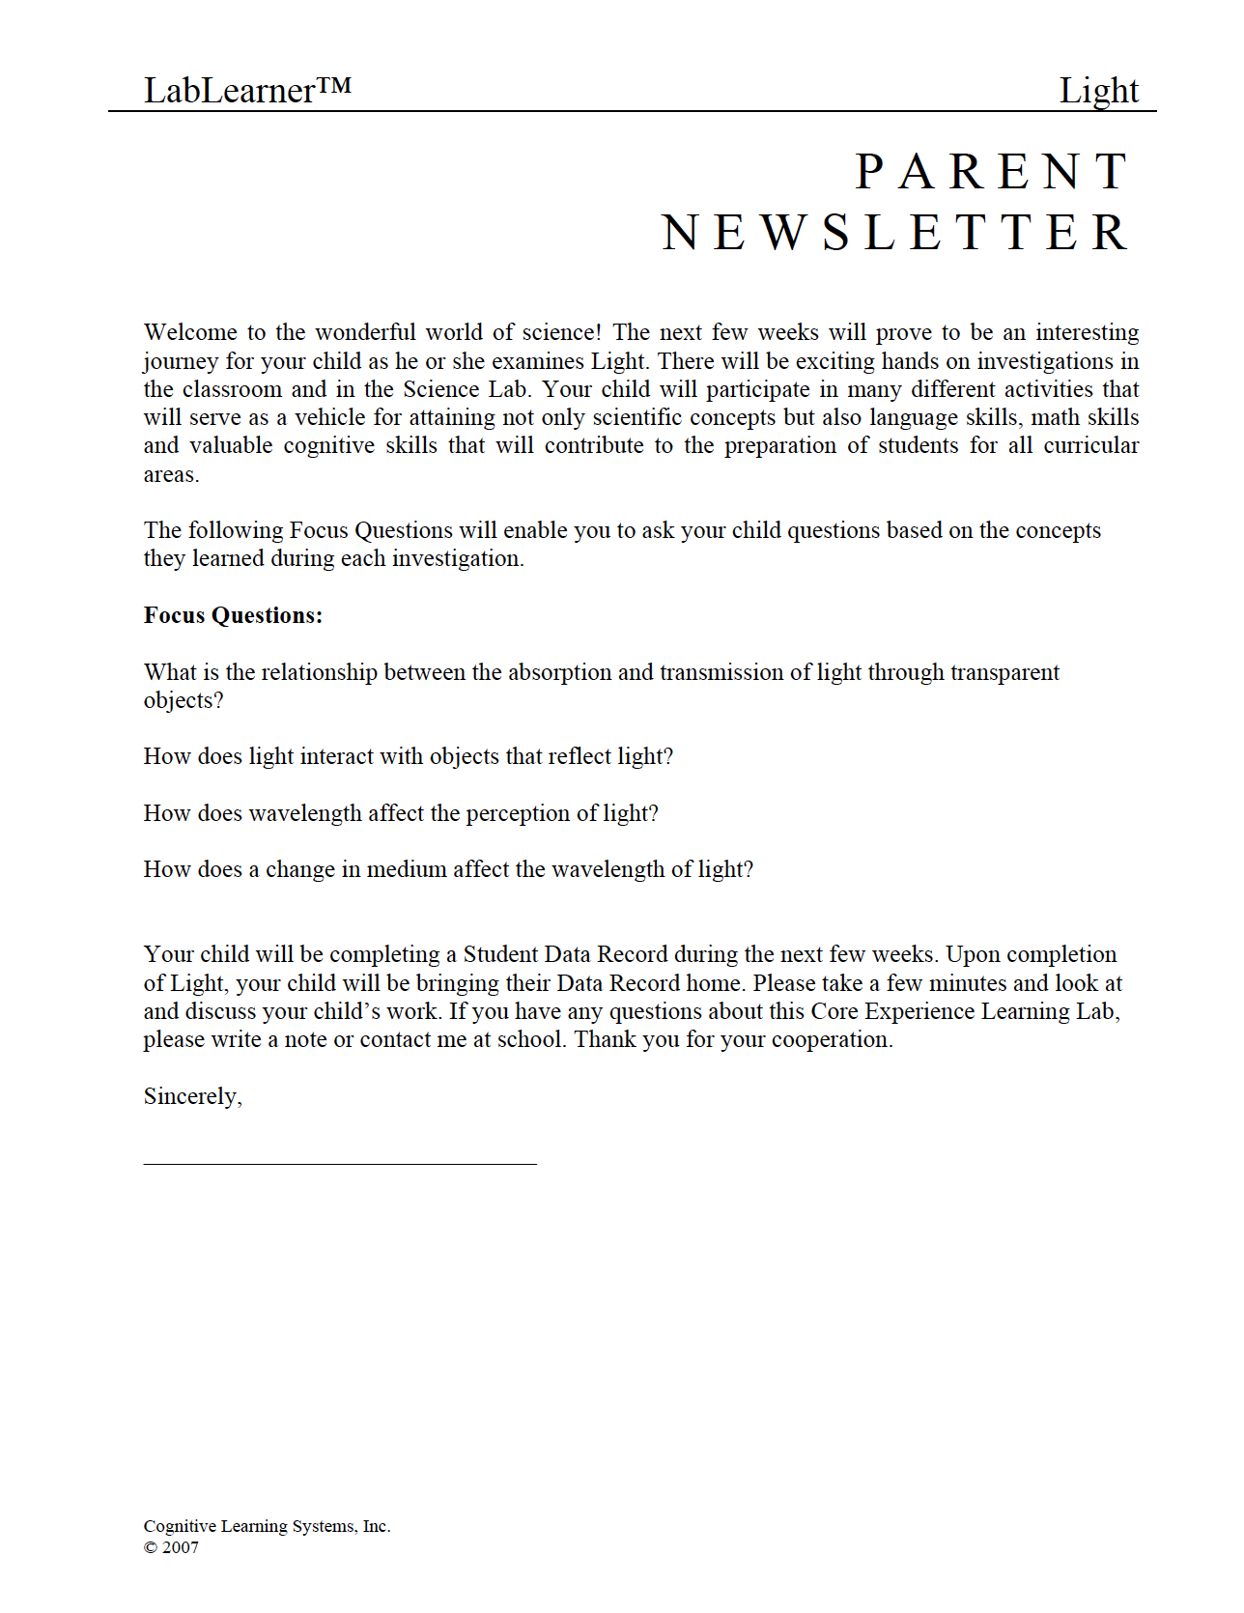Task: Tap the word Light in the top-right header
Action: pyautogui.click(x=1098, y=91)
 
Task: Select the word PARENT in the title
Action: pyautogui.click(x=992, y=173)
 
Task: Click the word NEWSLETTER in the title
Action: pyautogui.click(x=895, y=233)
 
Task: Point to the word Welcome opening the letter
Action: pyautogui.click(x=190, y=332)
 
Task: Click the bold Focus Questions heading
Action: pyautogui.click(x=233, y=615)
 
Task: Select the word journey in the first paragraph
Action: pyautogui.click(x=181, y=361)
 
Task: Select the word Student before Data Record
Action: pyautogui.click(x=500, y=954)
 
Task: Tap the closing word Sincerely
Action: pyautogui.click(x=192, y=1096)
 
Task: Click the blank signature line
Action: pyautogui.click(x=340, y=1163)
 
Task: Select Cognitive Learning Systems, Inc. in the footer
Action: pyautogui.click(x=267, y=1526)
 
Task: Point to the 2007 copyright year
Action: pyautogui.click(x=180, y=1547)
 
